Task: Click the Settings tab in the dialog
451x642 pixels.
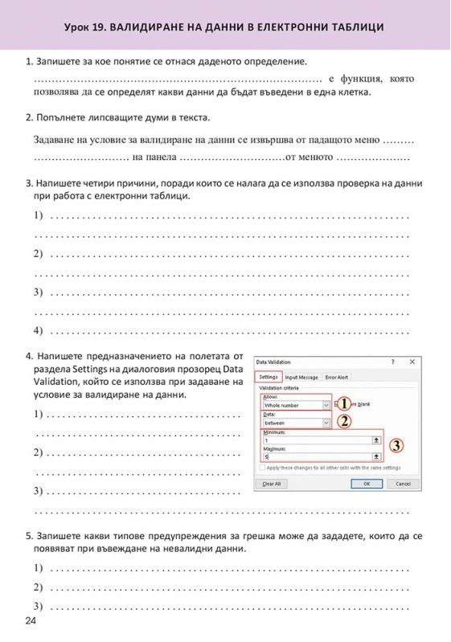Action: click(269, 377)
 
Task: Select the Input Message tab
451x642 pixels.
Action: click(301, 377)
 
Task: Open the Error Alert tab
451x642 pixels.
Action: click(337, 377)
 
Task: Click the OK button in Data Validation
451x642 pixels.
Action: click(367, 484)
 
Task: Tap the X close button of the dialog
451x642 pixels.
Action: click(412, 362)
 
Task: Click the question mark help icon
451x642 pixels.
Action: click(392, 362)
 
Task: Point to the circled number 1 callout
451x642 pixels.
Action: click(344, 404)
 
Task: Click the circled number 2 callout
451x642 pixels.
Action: click(344, 421)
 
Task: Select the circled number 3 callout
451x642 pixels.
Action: click(396, 444)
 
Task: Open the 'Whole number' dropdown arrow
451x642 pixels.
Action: click(326, 406)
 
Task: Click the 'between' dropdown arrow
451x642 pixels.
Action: click(326, 422)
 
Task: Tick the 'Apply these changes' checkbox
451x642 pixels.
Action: click(261, 467)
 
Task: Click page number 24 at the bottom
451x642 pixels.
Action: click(31, 622)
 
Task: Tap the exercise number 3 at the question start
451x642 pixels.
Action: click(29, 182)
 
